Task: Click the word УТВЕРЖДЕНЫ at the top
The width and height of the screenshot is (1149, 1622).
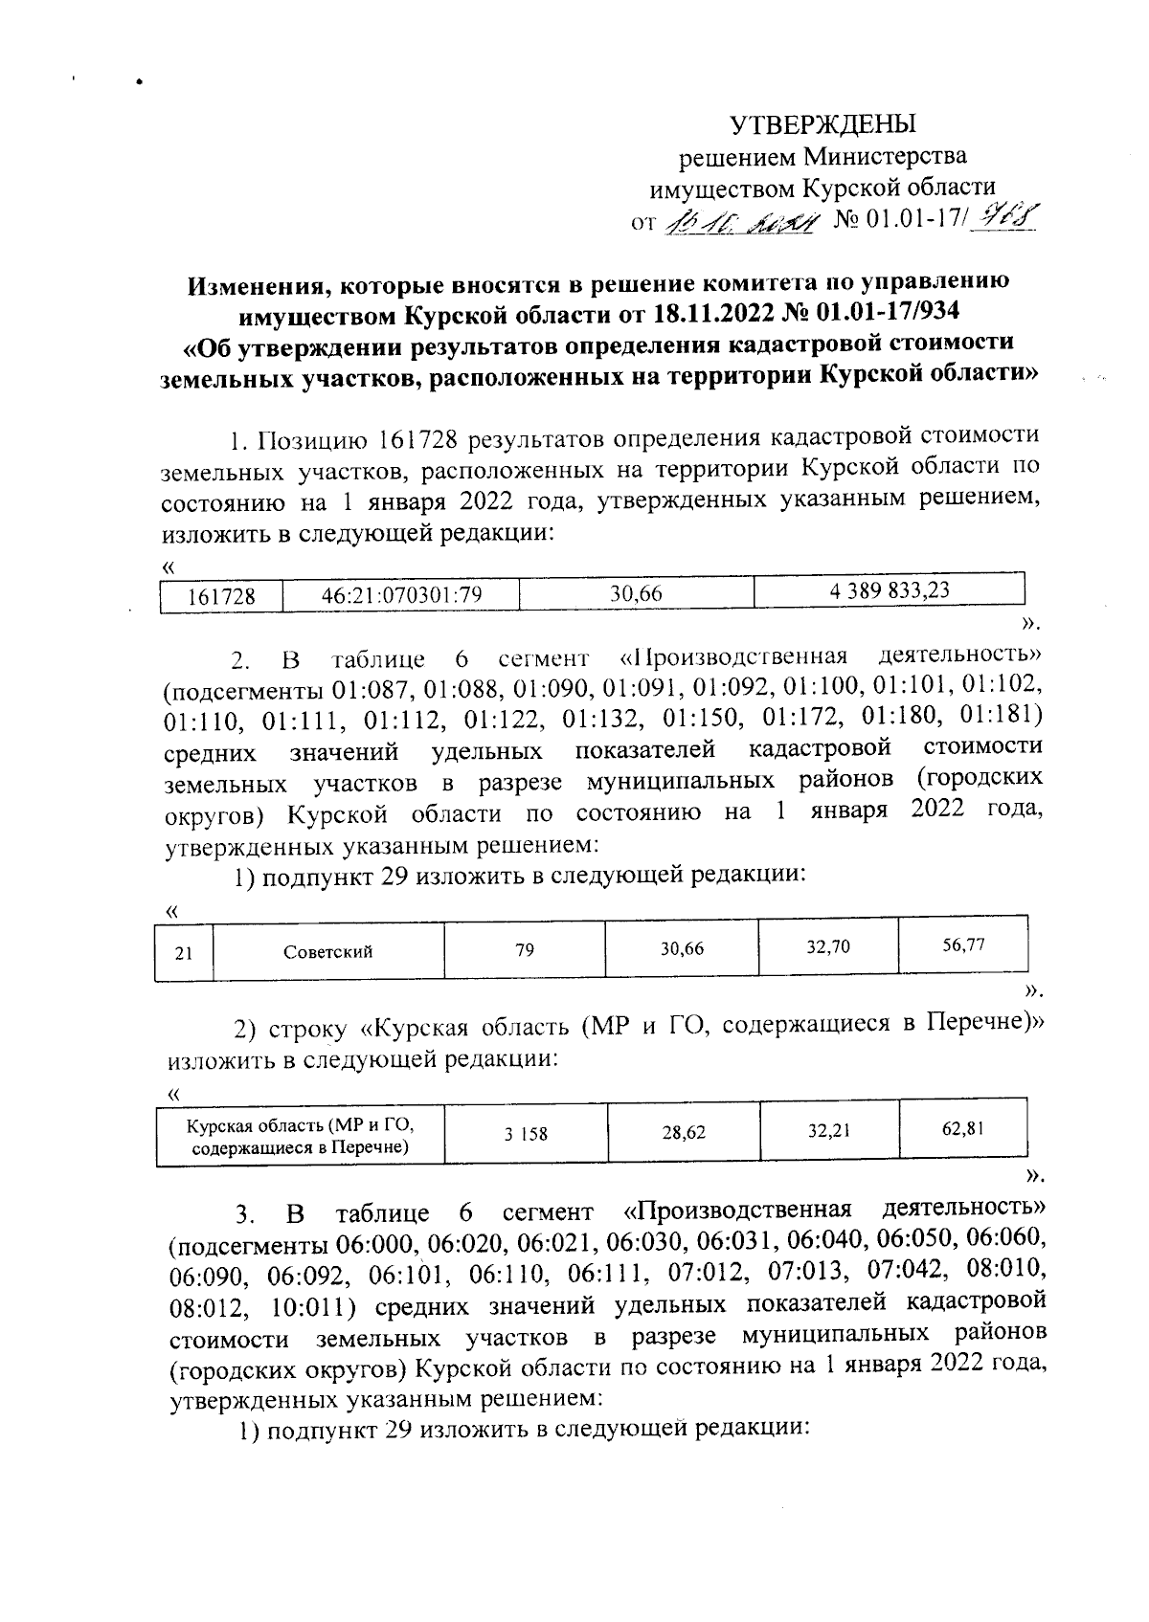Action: (x=823, y=124)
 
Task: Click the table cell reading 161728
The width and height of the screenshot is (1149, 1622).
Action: (x=221, y=596)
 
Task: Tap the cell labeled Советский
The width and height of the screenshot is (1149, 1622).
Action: (x=327, y=951)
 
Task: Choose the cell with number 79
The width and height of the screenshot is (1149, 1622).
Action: (x=524, y=950)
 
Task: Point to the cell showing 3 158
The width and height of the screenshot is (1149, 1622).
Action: (x=526, y=1134)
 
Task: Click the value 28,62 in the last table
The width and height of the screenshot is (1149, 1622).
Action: (x=683, y=1133)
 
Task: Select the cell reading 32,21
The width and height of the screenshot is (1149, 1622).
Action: (x=828, y=1131)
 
